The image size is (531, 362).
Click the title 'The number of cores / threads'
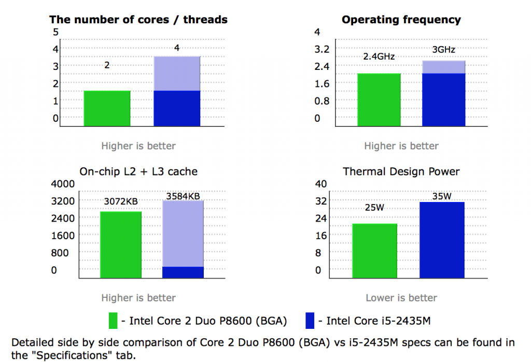coord(138,20)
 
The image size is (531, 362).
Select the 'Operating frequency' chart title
coord(401,20)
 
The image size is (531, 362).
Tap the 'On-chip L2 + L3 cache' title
coord(138,171)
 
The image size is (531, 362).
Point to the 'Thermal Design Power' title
coord(401,171)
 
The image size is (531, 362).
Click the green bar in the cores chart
coord(107,108)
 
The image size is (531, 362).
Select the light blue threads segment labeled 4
coord(177,73)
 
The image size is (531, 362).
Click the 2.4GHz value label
coord(379,56)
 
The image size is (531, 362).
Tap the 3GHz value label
coord(444,50)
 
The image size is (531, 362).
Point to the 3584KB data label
coord(183,196)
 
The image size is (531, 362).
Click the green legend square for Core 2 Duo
coord(113,321)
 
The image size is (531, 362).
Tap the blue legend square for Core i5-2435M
coord(311,321)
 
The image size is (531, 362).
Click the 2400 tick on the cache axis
coord(63,218)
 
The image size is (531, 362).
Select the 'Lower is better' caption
coord(401,298)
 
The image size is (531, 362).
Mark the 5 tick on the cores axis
coord(56,32)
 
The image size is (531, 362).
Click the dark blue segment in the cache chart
coord(183,272)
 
